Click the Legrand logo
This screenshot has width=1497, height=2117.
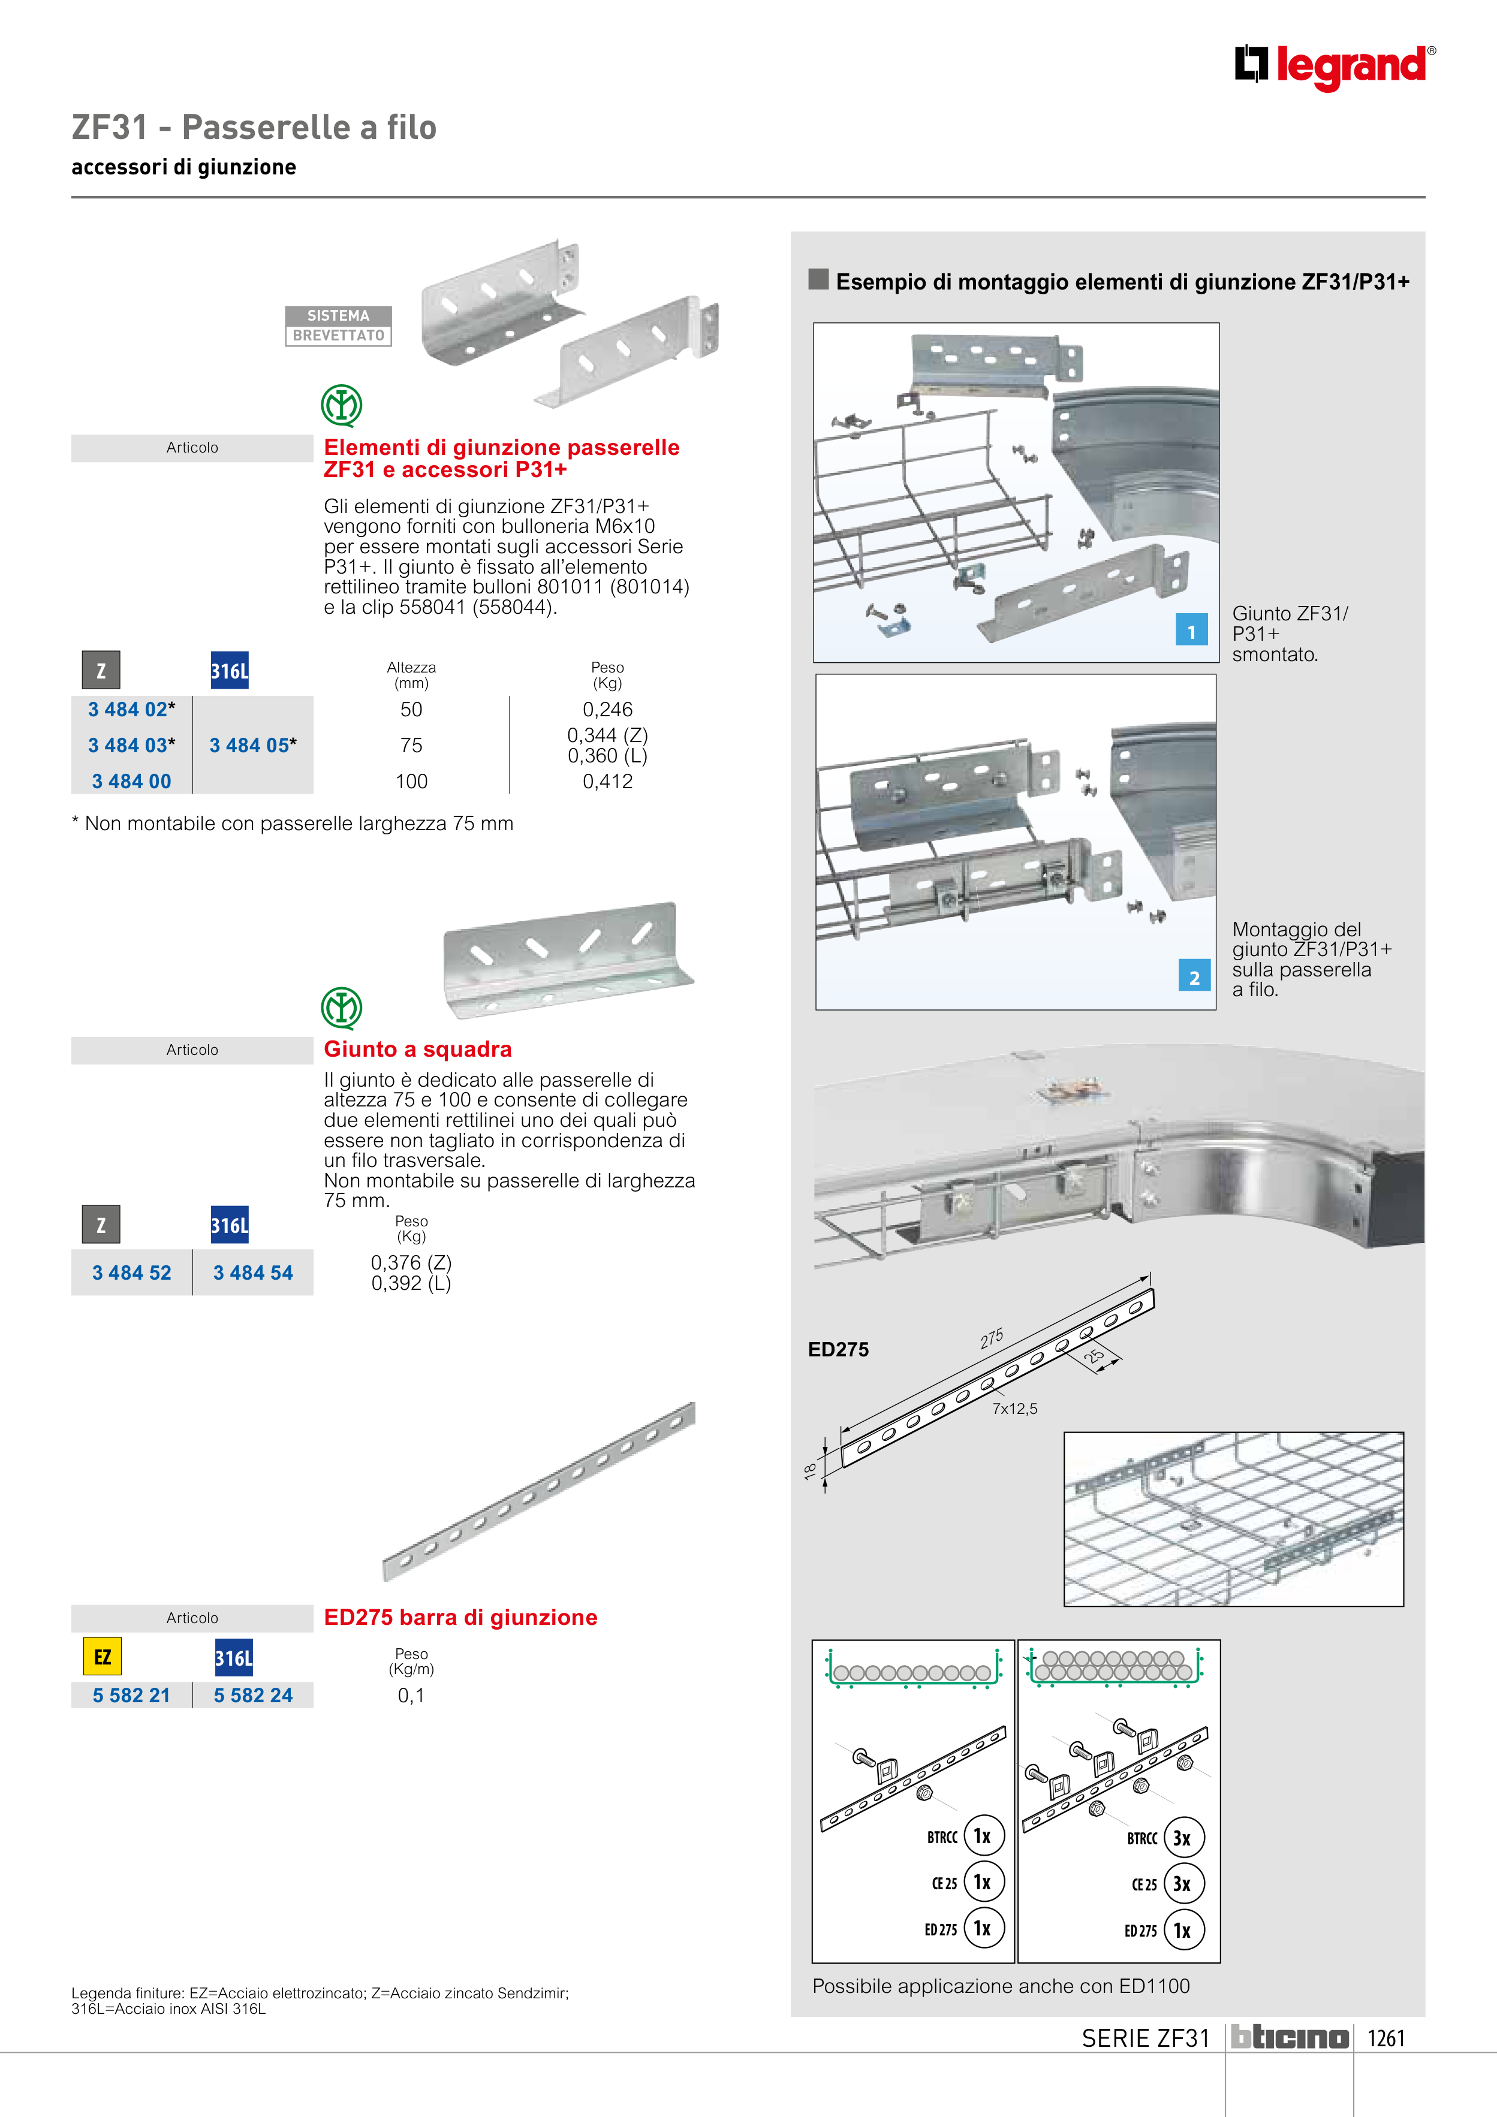[x=1334, y=67]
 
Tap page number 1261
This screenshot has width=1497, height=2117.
[x=1385, y=2038]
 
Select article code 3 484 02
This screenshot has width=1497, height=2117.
[x=131, y=709]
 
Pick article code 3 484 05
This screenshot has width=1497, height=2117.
[x=253, y=745]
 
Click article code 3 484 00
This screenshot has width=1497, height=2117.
[x=131, y=781]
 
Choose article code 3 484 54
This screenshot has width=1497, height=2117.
[x=253, y=1272]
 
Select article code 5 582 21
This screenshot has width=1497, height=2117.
[x=131, y=1694]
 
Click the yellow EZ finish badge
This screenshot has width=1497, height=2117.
[x=103, y=1657]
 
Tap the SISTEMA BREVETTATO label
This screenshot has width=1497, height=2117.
[x=339, y=325]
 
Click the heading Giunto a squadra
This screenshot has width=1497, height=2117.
[x=417, y=1050]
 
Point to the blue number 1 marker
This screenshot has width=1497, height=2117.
[x=1191, y=631]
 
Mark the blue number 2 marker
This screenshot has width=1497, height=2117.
[x=1194, y=976]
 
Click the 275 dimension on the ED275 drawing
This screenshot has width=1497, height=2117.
[x=992, y=1339]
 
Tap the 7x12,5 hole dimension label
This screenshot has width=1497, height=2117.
[x=1014, y=1408]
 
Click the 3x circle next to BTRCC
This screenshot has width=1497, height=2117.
[x=1182, y=1838]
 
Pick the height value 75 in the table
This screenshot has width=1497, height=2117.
[x=411, y=745]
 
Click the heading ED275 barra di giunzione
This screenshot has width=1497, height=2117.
[x=460, y=1617]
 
